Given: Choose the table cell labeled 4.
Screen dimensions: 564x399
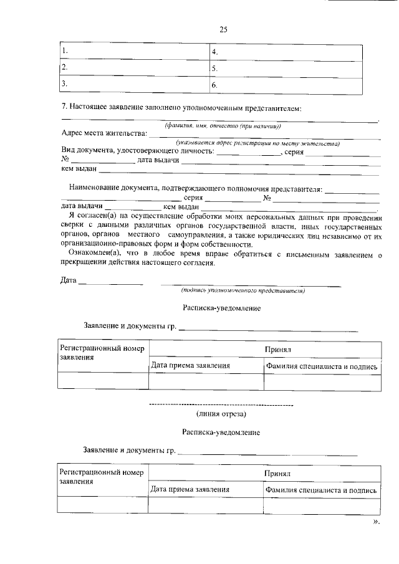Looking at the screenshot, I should click(x=285, y=52).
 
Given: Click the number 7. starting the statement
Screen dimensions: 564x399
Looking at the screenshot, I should click(x=64, y=108).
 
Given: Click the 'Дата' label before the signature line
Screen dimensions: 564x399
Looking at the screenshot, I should click(x=69, y=281).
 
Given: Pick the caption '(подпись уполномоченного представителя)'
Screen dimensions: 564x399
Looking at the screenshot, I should click(x=242, y=290).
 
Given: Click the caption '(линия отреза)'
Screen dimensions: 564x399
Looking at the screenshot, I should click(x=221, y=413).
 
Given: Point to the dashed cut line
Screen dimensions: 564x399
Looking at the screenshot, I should click(x=221, y=405).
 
